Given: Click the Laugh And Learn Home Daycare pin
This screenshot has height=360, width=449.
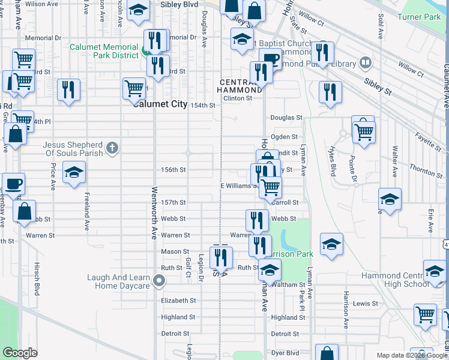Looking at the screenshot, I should point(159,280).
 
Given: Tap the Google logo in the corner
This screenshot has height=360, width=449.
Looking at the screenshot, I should point(20,353).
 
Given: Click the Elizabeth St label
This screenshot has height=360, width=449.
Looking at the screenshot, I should point(178,301).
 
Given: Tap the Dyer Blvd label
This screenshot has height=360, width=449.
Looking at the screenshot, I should point(285,353).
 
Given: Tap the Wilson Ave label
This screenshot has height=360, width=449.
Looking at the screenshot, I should point(42,4).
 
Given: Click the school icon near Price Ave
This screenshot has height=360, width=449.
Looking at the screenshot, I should point(74,172).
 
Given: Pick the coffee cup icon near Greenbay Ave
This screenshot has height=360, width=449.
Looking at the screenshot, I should point(13,183).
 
